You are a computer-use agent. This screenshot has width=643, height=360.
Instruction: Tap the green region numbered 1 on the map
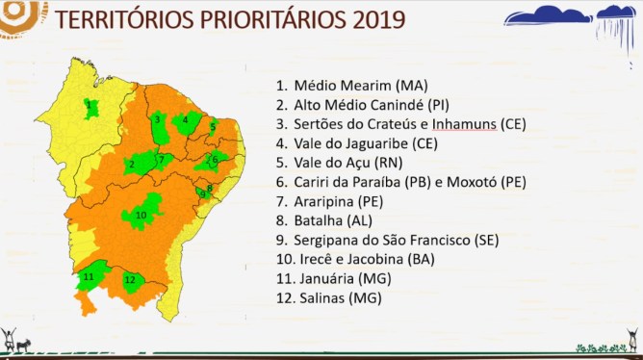pyautogui.click(x=90, y=106)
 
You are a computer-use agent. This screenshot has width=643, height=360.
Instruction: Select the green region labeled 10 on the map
pyautogui.click(x=141, y=213)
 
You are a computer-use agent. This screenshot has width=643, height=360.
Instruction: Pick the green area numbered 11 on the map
pyautogui.click(x=90, y=276)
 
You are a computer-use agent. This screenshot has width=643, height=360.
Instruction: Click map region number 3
pyautogui.click(x=156, y=120)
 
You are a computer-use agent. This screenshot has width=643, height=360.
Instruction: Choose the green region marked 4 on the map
pyautogui.click(x=185, y=121)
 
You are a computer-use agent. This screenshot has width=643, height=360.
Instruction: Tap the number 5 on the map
pyautogui.click(x=213, y=127)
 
